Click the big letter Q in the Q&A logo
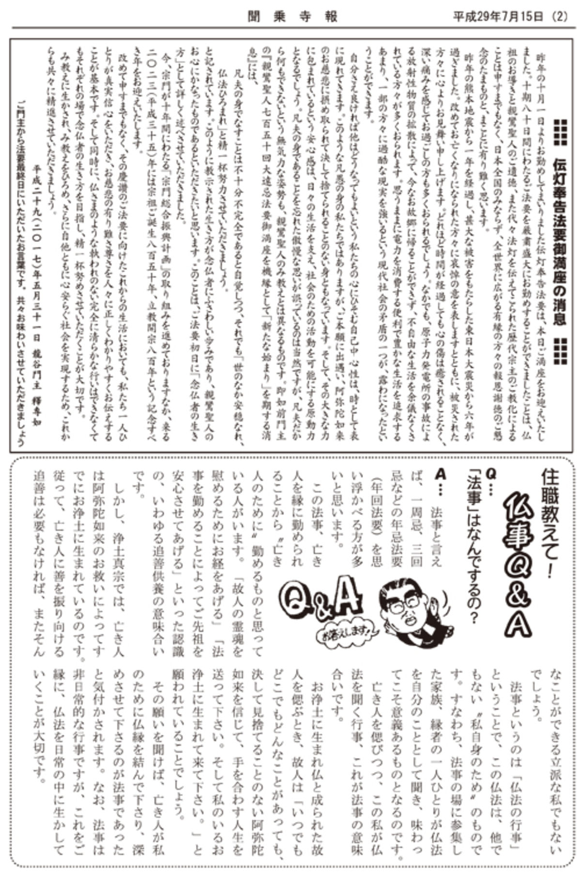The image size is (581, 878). (296, 600)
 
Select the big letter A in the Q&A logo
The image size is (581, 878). (349, 596)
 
